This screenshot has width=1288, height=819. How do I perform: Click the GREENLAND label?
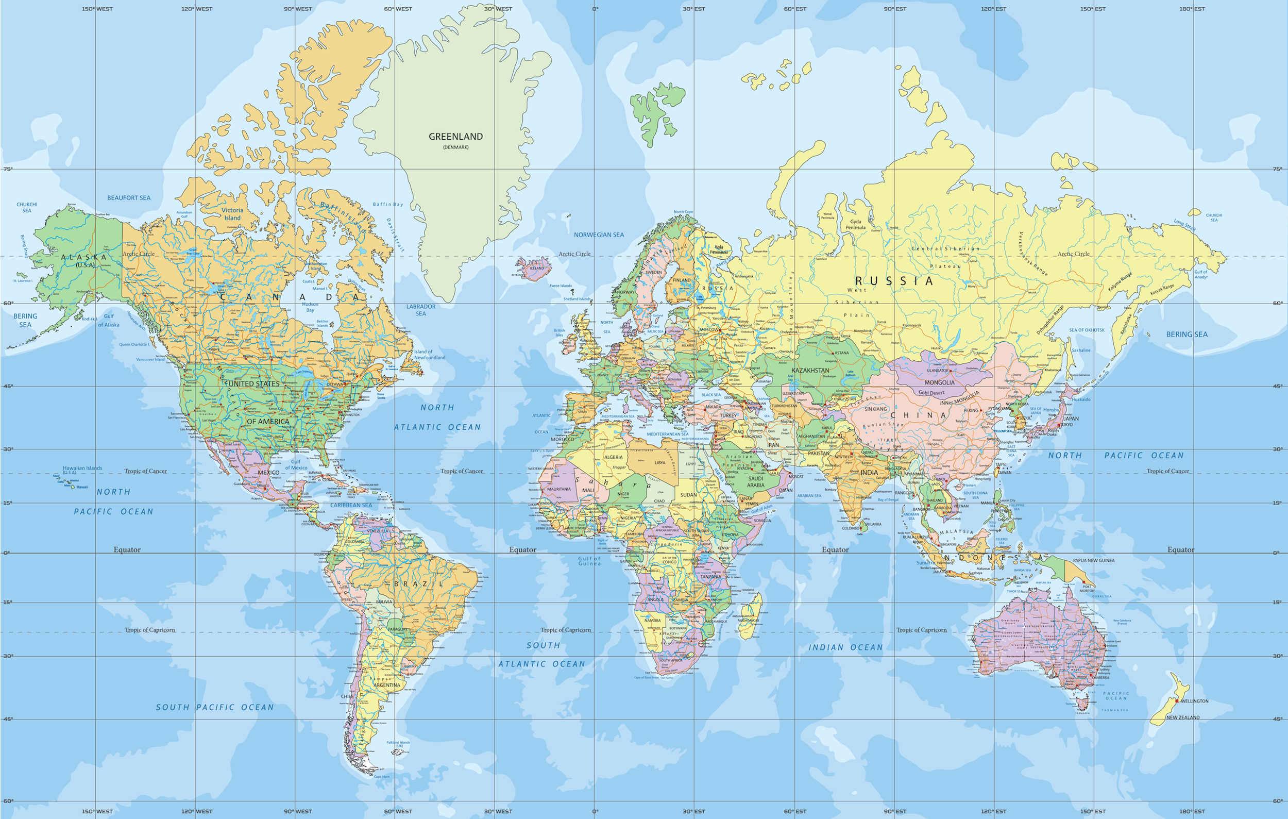click(x=455, y=137)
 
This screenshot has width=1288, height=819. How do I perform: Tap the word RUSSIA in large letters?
click(x=894, y=281)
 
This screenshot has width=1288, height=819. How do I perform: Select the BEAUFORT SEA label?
click(x=128, y=198)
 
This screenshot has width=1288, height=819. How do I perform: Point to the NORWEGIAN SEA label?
click(x=599, y=235)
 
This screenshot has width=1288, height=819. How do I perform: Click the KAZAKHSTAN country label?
click(x=810, y=370)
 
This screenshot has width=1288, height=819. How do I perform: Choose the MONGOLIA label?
click(x=939, y=382)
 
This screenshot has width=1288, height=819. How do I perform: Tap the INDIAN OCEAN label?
click(x=845, y=647)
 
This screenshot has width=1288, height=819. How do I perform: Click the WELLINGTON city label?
click(x=1194, y=701)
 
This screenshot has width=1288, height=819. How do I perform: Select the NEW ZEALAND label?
click(x=1182, y=717)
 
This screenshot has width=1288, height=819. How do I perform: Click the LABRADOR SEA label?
click(x=421, y=310)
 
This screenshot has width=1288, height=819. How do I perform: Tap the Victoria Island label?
click(x=232, y=214)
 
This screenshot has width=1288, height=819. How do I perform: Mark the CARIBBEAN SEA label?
click(x=351, y=505)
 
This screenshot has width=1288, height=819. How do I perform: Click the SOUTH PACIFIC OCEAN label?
click(x=214, y=707)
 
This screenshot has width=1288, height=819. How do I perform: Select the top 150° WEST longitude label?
click(x=97, y=9)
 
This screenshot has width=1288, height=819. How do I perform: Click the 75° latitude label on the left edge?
click(x=8, y=169)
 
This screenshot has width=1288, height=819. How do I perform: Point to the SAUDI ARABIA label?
click(x=755, y=482)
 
